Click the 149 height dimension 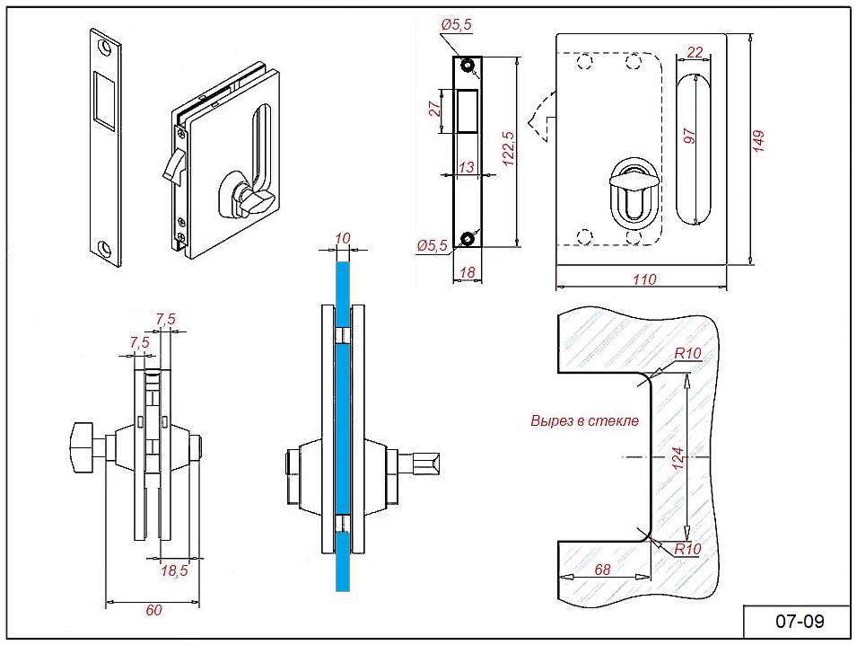(x=758, y=141)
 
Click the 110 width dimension (x=643, y=279)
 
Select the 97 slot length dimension (x=689, y=137)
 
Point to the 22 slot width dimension (x=694, y=53)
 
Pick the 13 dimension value (x=466, y=167)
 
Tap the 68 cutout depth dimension (x=603, y=570)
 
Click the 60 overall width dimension (x=153, y=610)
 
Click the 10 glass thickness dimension (x=342, y=237)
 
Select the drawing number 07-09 (x=799, y=621)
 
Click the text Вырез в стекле (x=584, y=420)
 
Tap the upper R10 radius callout (x=687, y=353)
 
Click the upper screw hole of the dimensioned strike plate (x=468, y=66)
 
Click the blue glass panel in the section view (x=342, y=431)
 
